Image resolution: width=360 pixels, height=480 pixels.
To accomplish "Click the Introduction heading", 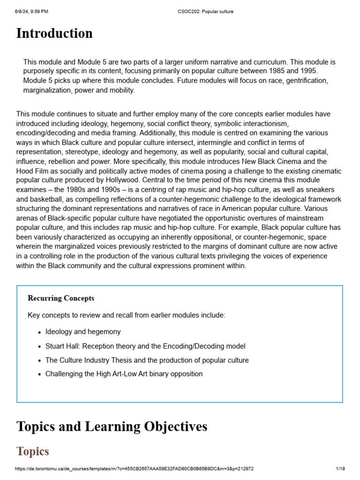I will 54,34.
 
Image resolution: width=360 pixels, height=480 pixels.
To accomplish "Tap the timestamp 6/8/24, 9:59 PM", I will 31,12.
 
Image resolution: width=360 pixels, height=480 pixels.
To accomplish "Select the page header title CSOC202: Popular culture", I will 206,12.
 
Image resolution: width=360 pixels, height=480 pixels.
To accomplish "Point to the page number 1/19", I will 340,468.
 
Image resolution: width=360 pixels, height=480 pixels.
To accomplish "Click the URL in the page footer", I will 135,468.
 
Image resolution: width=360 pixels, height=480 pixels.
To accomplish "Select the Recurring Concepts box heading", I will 61,298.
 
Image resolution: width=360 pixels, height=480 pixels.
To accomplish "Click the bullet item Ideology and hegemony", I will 83,332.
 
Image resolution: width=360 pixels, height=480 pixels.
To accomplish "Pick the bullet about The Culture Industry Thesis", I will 147,360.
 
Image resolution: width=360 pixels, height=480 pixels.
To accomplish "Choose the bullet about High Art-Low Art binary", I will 124,374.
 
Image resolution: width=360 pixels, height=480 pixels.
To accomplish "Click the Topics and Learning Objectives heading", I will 112,427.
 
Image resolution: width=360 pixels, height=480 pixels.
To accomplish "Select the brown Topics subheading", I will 33,451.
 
